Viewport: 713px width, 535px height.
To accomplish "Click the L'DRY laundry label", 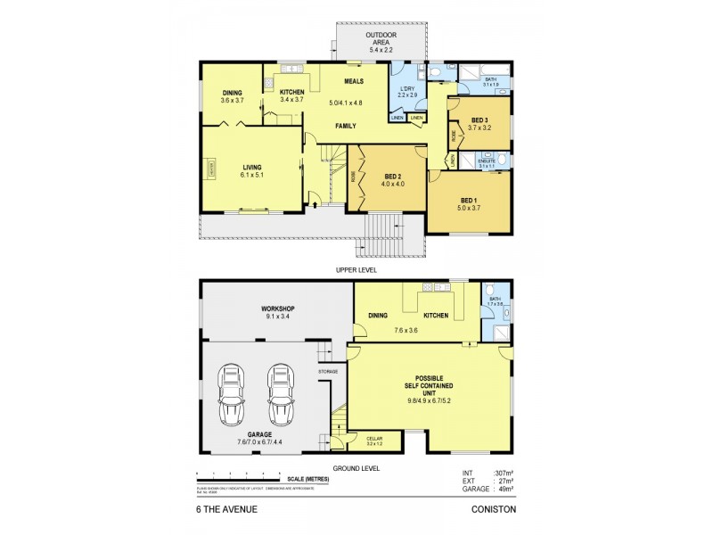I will click(x=406, y=90).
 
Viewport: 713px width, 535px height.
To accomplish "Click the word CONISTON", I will click(x=493, y=509).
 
